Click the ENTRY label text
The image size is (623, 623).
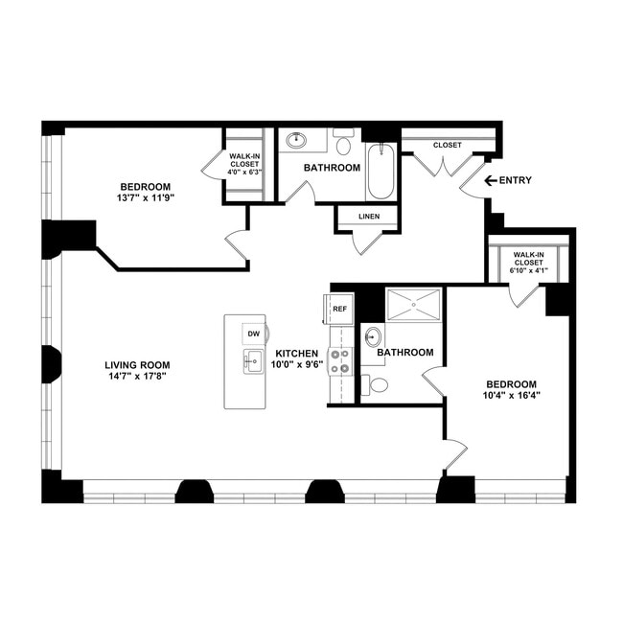pyautogui.click(x=516, y=180)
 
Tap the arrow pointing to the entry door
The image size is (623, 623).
pyautogui.click(x=491, y=180)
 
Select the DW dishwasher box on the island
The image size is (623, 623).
pyautogui.click(x=254, y=334)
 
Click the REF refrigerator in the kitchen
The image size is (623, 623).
pyautogui.click(x=339, y=310)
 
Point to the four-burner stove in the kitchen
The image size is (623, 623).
pyautogui.click(x=340, y=360)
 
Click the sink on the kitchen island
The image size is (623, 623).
pyautogui.click(x=253, y=362)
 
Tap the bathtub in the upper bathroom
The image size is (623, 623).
pyautogui.click(x=381, y=171)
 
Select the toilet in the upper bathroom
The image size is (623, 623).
pyautogui.click(x=343, y=144)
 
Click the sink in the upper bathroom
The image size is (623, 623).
pyautogui.click(x=296, y=140)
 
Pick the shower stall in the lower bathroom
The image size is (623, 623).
pyautogui.click(x=414, y=304)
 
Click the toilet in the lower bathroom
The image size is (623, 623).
pyautogui.click(x=377, y=385)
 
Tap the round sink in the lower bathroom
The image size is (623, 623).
pyautogui.click(x=372, y=336)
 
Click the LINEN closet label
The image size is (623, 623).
pyautogui.click(x=369, y=217)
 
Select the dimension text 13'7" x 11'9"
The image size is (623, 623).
pyautogui.click(x=146, y=198)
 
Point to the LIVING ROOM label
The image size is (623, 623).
pyautogui.click(x=137, y=364)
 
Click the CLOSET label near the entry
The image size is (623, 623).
pyautogui.click(x=447, y=145)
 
